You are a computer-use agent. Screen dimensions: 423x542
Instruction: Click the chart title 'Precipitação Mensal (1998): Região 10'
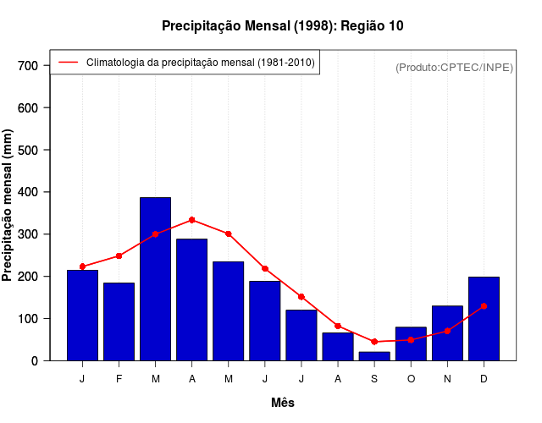[282, 26]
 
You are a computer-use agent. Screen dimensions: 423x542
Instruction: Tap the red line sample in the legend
[68, 63]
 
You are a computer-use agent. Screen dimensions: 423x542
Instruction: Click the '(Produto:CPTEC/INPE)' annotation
[454, 67]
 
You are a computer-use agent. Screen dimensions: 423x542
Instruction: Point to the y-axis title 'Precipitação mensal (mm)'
[8, 206]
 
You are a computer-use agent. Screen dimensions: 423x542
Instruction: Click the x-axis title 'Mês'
[283, 403]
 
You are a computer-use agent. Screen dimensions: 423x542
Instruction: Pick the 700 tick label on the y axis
[28, 66]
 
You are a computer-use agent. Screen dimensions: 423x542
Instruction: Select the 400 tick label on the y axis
[28, 192]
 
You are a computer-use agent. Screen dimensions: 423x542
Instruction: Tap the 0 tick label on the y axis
[35, 361]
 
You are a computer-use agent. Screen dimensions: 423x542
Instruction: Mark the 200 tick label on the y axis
[28, 277]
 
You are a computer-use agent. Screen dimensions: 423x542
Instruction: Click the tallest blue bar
[155, 279]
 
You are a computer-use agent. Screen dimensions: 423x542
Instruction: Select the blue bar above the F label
[119, 321]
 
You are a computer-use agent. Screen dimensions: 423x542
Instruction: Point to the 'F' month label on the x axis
[119, 379]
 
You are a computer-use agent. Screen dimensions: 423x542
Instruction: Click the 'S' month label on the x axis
[373, 379]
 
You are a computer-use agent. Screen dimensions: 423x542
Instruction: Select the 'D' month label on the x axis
[484, 379]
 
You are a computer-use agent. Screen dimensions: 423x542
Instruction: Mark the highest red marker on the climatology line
[192, 220]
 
